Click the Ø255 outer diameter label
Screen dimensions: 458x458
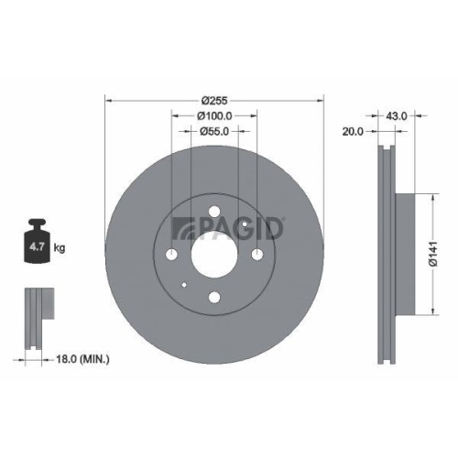point(215,100)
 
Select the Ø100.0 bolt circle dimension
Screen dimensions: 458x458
point(215,116)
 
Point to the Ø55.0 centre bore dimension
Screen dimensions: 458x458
point(215,133)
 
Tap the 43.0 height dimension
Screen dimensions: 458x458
point(397,116)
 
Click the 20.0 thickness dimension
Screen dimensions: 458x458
point(353,132)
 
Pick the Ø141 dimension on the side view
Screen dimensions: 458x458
point(442,252)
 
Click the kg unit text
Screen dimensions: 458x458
point(60,247)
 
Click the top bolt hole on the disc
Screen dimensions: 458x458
point(215,213)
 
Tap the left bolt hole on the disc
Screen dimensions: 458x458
point(172,255)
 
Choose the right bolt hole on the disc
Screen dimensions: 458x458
point(257,255)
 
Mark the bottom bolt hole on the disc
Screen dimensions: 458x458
point(215,297)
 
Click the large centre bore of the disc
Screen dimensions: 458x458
point(215,255)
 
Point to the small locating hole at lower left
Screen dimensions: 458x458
point(185,284)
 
